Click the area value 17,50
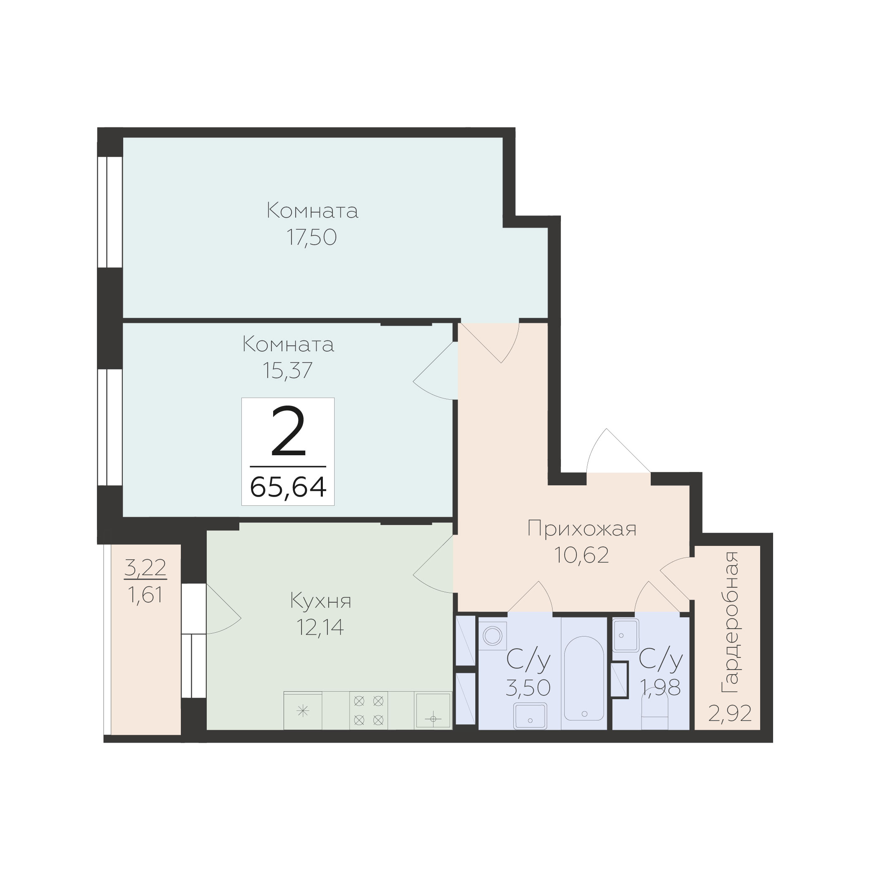[x=312, y=237]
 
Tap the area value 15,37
[x=287, y=370]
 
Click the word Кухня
[x=321, y=601]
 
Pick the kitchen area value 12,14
[x=320, y=627]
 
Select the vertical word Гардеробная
[x=730, y=622]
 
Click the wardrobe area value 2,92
[x=730, y=713]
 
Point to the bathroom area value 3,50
[x=528, y=687]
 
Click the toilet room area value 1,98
[x=660, y=687]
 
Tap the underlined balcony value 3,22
[x=145, y=568]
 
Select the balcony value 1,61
[x=145, y=595]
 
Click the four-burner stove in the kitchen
[x=369, y=710]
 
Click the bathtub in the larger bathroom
[x=584, y=678]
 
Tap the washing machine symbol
[x=493, y=636]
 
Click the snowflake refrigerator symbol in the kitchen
[x=303, y=711]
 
